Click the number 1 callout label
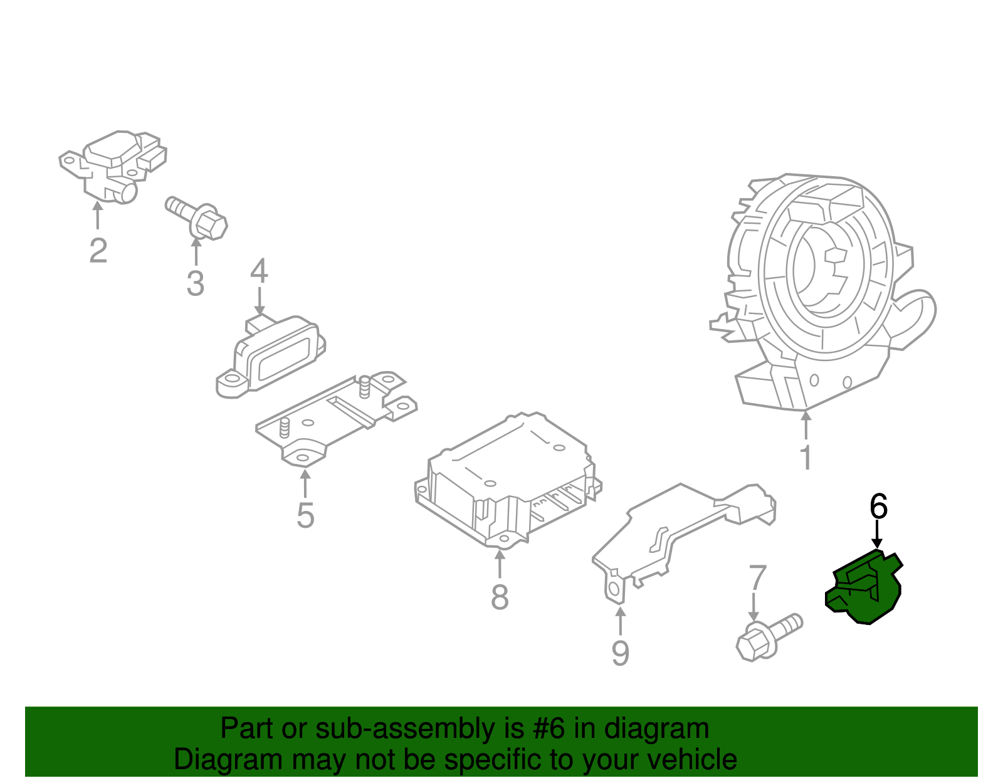(806, 458)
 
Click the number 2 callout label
(98, 251)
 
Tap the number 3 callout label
(196, 283)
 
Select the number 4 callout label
(259, 271)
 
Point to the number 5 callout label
(305, 515)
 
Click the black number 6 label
(878, 506)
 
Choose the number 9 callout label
(620, 653)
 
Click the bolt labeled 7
(769, 636)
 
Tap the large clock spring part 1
(821, 282)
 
